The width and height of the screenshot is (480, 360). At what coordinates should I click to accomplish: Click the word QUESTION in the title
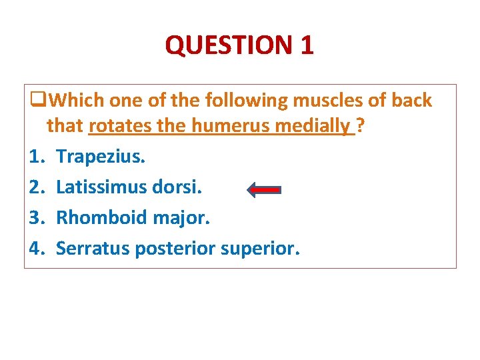(x=229, y=45)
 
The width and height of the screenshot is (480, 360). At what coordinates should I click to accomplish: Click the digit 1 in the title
(x=307, y=45)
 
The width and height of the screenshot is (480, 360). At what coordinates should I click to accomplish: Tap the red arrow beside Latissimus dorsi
(x=263, y=189)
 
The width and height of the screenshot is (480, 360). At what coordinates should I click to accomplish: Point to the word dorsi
(x=180, y=187)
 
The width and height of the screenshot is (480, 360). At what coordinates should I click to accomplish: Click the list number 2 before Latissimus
(x=36, y=187)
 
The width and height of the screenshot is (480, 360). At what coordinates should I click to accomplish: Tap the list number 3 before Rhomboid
(x=36, y=217)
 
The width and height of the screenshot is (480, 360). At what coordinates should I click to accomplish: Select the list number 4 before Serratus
(x=36, y=248)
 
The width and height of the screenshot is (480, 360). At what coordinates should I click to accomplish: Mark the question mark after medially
(x=360, y=125)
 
